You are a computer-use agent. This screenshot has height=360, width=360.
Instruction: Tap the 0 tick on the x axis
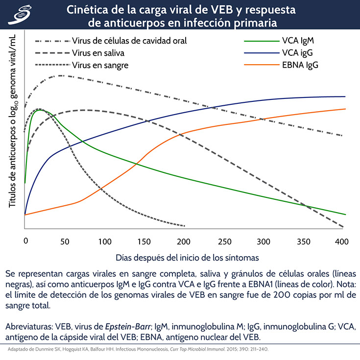pyautogui.click(x=25, y=241)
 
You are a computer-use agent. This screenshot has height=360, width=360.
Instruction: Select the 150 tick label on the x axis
pyautogui.click(x=144, y=241)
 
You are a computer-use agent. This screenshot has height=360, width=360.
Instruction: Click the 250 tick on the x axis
pyautogui.click(x=224, y=241)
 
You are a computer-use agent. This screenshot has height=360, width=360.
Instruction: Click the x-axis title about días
pyautogui.click(x=188, y=257)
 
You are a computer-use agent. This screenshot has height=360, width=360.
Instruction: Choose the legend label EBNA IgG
pyautogui.click(x=299, y=65)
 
